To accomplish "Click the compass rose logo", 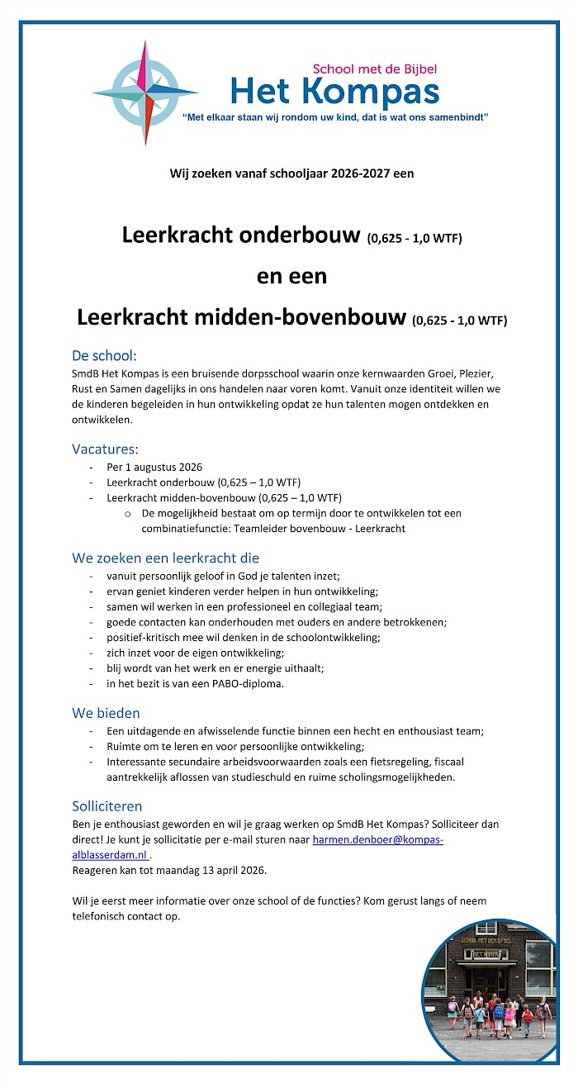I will click(145, 93).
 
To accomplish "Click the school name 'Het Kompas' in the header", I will click(334, 91).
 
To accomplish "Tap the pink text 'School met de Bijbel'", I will click(374, 69).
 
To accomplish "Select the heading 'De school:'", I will click(104, 356).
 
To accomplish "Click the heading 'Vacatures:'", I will click(105, 449).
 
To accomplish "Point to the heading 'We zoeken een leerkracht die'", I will click(165, 558).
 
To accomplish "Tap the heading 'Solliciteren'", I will click(107, 805).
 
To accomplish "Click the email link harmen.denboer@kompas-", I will click(377, 840).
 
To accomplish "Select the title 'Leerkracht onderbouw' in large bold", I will click(242, 235).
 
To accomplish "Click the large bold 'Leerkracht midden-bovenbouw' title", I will click(242, 317).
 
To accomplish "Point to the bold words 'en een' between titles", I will click(291, 276).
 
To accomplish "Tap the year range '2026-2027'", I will click(353, 173).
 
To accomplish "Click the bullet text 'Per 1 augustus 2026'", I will click(154, 467).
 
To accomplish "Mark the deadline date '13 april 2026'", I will click(230, 870).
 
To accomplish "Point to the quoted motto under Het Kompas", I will click(334, 118).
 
